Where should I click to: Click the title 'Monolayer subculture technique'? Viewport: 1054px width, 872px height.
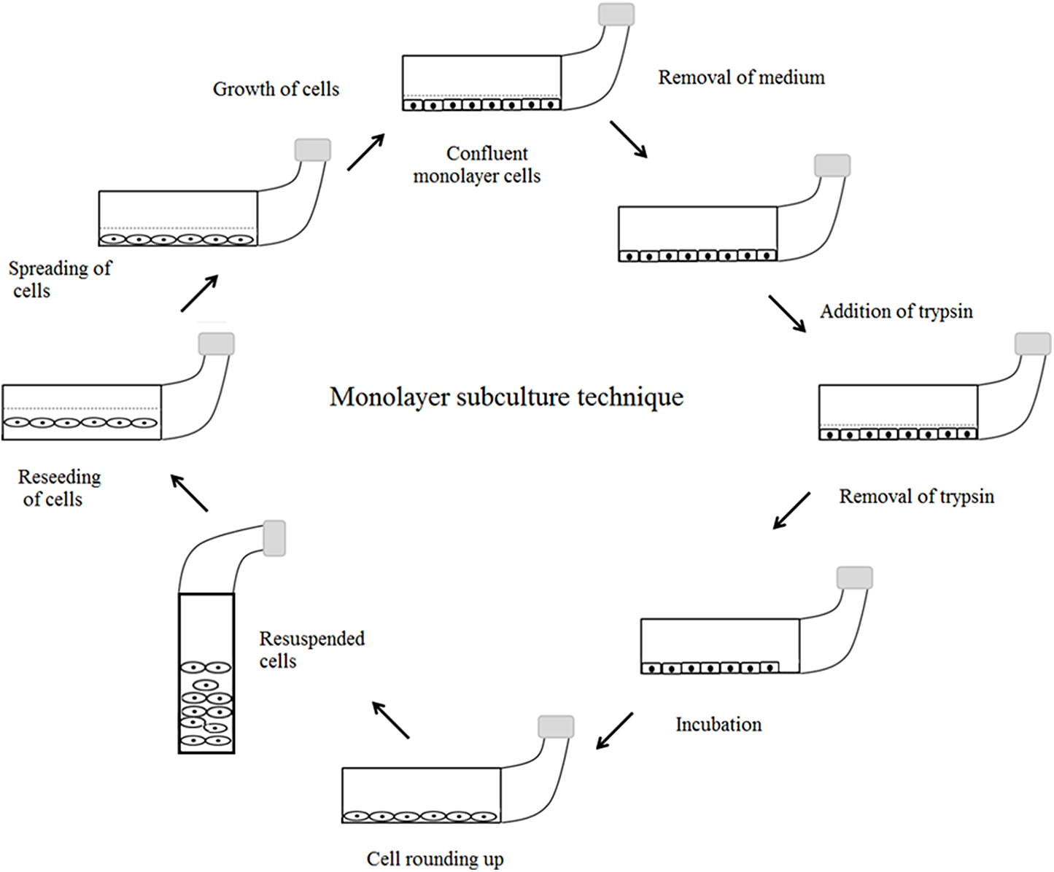pyautogui.click(x=506, y=397)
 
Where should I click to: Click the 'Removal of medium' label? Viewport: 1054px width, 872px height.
pyautogui.click(x=741, y=77)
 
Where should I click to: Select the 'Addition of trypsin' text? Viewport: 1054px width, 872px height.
pyautogui.click(x=896, y=311)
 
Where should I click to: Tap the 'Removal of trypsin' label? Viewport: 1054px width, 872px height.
pyautogui.click(x=916, y=497)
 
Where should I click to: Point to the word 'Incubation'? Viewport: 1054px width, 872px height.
pyautogui.click(x=718, y=725)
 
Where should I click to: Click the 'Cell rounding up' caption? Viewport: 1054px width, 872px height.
pyautogui.click(x=435, y=859)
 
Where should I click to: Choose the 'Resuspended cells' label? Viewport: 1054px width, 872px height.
pyautogui.click(x=311, y=650)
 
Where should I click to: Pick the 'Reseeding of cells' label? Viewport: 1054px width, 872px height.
pyautogui.click(x=58, y=488)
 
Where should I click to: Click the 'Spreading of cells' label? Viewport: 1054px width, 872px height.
pyautogui.click(x=59, y=279)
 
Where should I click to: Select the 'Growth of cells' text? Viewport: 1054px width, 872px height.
pyautogui.click(x=276, y=89)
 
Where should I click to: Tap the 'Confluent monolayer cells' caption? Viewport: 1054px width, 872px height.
pyautogui.click(x=477, y=165)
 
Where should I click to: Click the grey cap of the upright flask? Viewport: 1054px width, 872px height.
pyautogui.click(x=274, y=538)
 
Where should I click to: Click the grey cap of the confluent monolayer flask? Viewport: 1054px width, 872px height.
pyautogui.click(x=616, y=15)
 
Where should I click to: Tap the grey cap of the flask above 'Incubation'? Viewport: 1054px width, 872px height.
pyautogui.click(x=854, y=577)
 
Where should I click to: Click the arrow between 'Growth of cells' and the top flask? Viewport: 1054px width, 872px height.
pyautogui.click(x=365, y=152)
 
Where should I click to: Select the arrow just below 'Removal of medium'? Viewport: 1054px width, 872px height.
pyautogui.click(x=629, y=139)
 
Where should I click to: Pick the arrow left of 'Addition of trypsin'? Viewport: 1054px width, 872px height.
pyautogui.click(x=787, y=314)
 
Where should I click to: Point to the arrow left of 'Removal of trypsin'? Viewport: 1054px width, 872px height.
pyautogui.click(x=791, y=510)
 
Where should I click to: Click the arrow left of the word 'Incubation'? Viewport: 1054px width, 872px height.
pyautogui.click(x=614, y=731)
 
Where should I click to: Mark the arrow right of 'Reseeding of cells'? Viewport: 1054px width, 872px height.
pyautogui.click(x=190, y=493)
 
